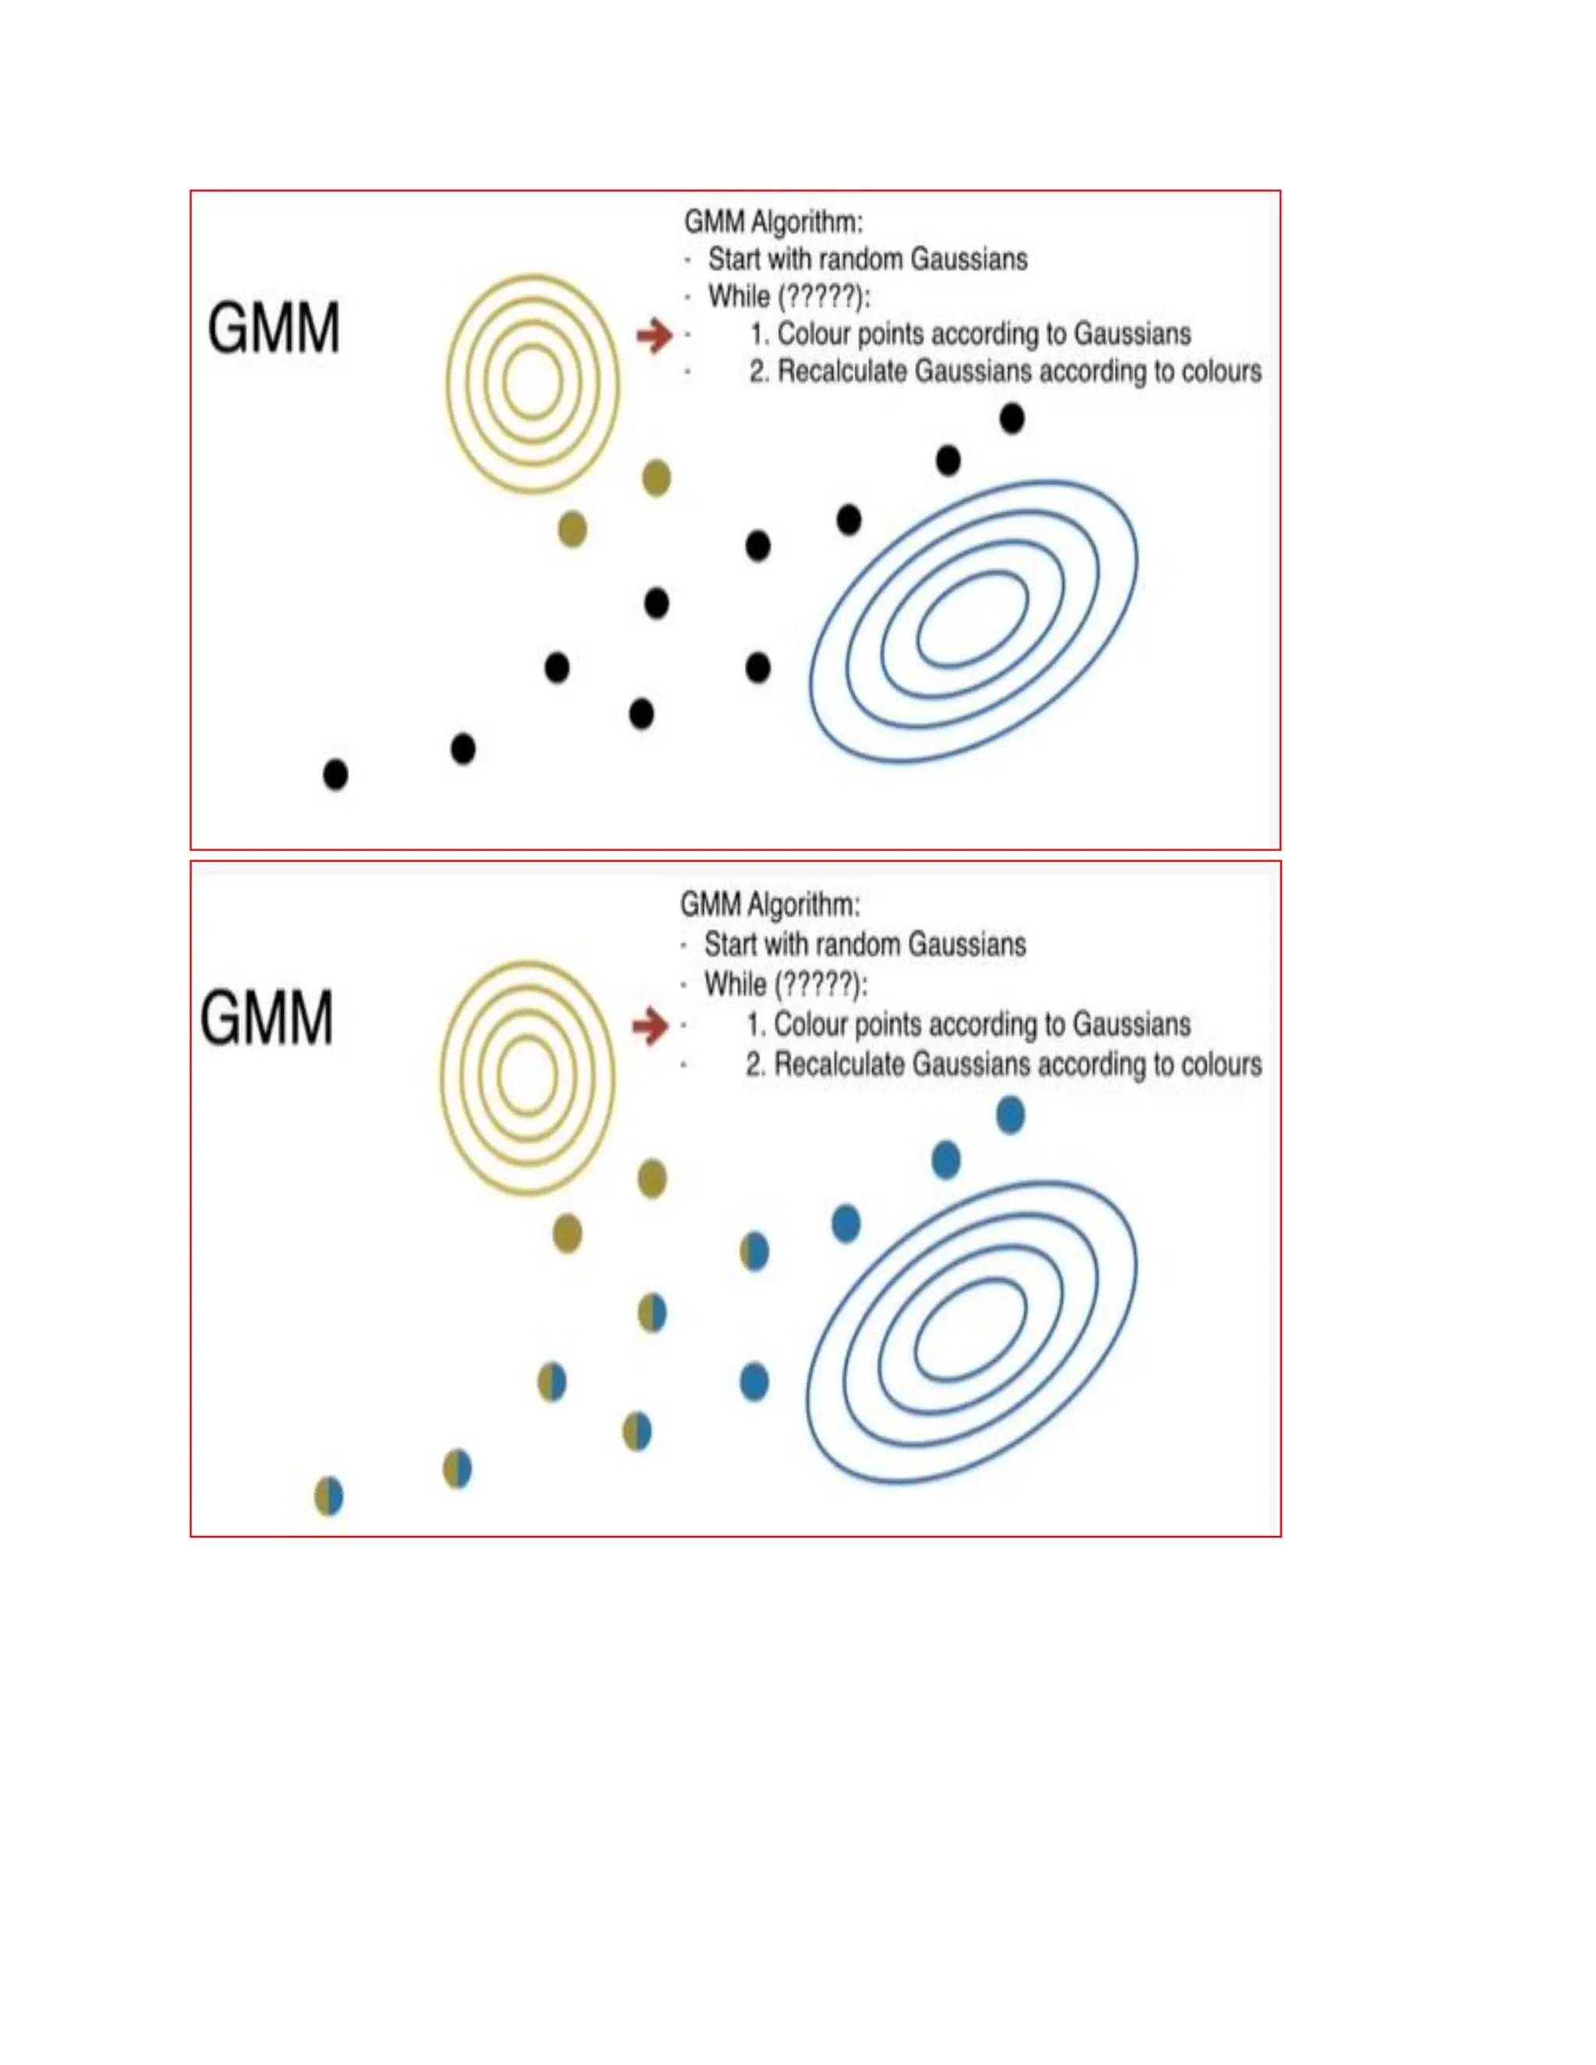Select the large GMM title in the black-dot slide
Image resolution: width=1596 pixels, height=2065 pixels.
[x=274, y=329]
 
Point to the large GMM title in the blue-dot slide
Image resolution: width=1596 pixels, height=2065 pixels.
[x=267, y=1018]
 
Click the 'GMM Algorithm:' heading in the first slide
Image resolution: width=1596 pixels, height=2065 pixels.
[x=773, y=222]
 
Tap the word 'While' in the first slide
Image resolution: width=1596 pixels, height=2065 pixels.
[x=739, y=297]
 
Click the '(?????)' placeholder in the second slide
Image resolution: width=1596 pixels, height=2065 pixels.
[x=820, y=985]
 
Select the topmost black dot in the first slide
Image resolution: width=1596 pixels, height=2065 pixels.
[x=1012, y=418]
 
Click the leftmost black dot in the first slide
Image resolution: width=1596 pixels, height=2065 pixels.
[x=336, y=775]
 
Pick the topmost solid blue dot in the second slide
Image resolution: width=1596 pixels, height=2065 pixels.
[x=1011, y=1116]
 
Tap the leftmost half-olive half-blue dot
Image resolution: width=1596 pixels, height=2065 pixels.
[x=329, y=1497]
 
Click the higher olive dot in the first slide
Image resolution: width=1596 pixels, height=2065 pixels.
[x=656, y=478]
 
